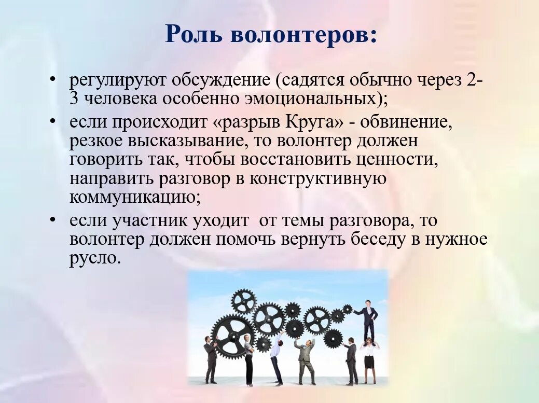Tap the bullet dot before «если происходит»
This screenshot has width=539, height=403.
pos(53,121)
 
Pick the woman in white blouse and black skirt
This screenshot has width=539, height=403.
pos(369,358)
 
